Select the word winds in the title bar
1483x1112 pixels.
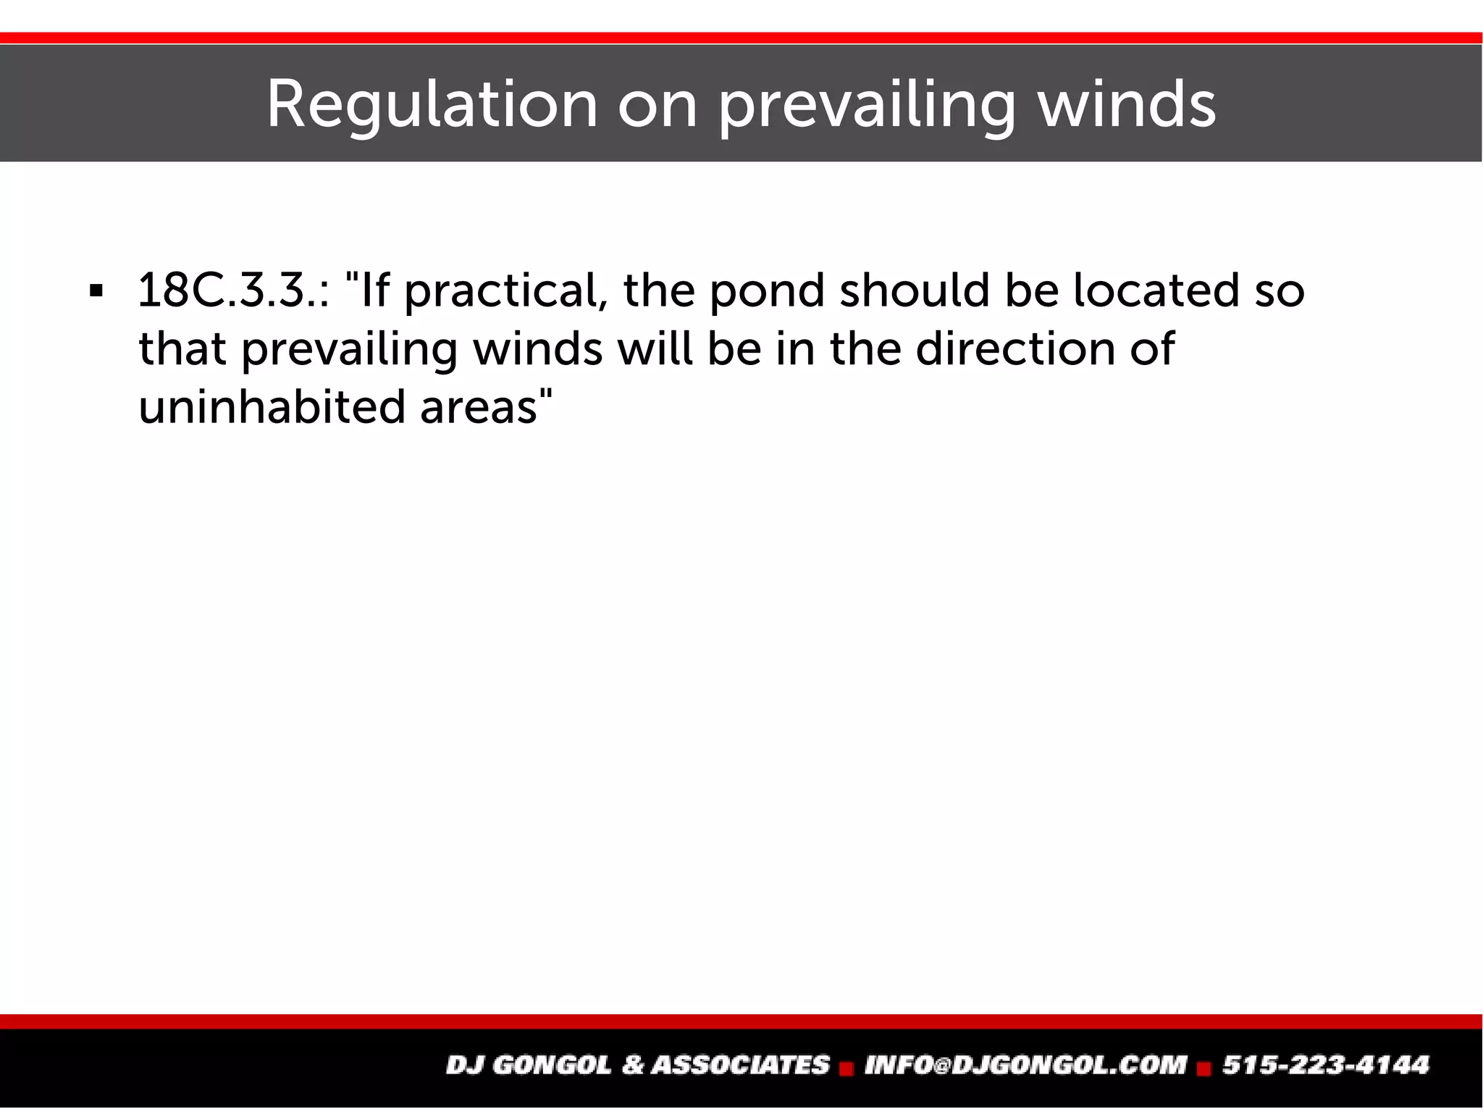point(1127,105)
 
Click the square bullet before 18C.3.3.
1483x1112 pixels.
point(96,292)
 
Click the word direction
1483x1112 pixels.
point(1015,348)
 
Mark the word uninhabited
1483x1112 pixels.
point(272,406)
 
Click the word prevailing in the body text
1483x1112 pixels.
point(349,348)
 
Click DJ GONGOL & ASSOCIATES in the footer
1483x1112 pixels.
point(638,1065)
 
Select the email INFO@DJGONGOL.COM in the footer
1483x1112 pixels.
point(1025,1065)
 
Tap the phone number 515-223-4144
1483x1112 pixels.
point(1326,1065)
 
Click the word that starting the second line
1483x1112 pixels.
point(182,348)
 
